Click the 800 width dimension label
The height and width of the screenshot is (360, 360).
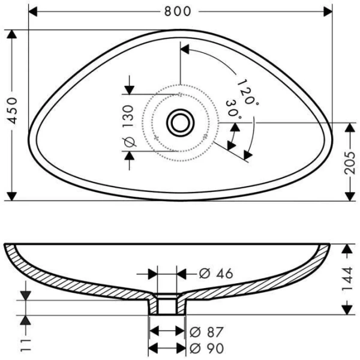(x=180, y=11)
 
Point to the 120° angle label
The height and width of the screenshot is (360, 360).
(x=247, y=92)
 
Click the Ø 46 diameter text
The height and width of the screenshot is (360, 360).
(x=215, y=274)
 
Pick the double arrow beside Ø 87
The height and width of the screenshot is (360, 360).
(x=167, y=332)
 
